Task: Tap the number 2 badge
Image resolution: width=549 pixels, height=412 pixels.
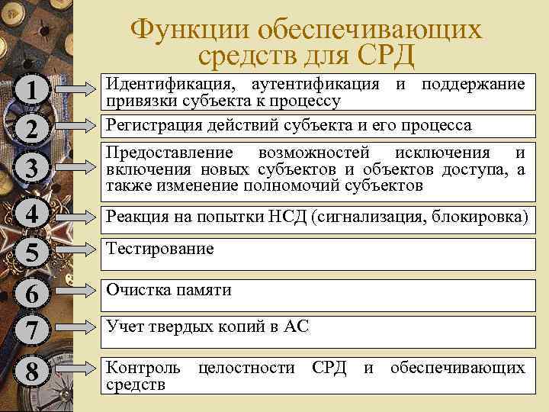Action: tap(30, 129)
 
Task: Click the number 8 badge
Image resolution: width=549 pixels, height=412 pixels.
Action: tap(30, 373)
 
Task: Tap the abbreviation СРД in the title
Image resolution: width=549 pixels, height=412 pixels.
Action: tap(376, 56)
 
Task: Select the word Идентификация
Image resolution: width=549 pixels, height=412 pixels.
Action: tap(159, 83)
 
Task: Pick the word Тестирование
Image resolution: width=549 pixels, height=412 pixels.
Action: tap(160, 249)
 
